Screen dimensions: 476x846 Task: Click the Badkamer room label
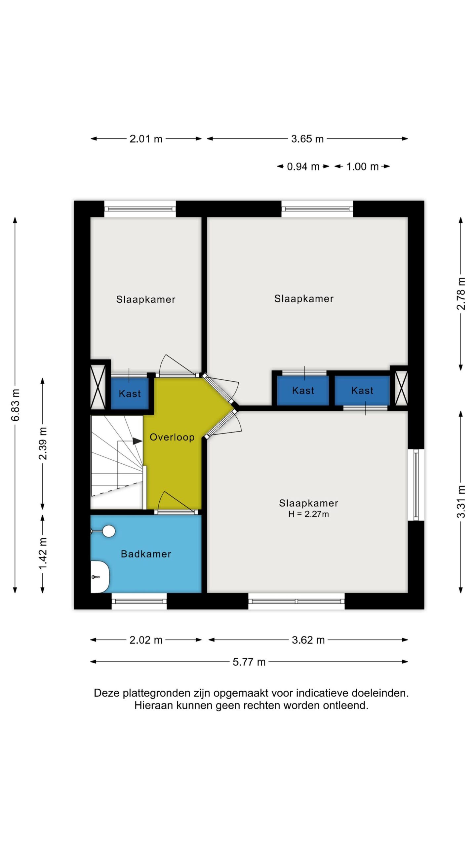click(146, 554)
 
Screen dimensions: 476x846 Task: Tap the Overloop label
click(172, 437)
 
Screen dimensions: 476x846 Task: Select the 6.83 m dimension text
click(16, 405)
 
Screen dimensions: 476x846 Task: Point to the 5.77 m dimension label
click(249, 662)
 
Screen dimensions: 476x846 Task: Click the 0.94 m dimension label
click(303, 167)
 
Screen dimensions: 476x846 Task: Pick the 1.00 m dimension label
click(362, 167)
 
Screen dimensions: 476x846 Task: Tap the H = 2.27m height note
click(308, 514)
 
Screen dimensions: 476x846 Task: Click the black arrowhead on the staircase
click(138, 441)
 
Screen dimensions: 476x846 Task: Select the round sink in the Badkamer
click(108, 531)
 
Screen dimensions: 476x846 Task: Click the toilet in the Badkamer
click(100, 577)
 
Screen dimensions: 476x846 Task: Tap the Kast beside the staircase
click(130, 394)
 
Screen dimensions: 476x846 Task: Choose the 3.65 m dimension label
click(307, 139)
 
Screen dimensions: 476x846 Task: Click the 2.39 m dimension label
click(43, 443)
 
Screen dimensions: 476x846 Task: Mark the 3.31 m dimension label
click(461, 502)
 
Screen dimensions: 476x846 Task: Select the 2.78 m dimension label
click(461, 294)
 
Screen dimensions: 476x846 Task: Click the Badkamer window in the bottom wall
click(139, 601)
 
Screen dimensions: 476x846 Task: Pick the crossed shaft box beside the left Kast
click(98, 386)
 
